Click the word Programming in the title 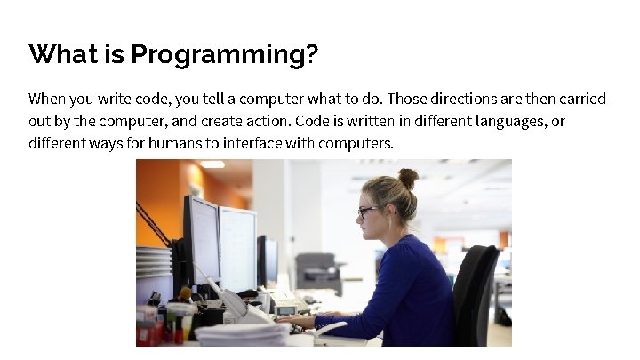(x=219, y=55)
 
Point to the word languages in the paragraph (x=503, y=120)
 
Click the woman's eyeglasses (x=368, y=212)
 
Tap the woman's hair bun (x=408, y=178)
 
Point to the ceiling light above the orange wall (x=212, y=164)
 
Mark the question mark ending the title (x=311, y=55)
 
